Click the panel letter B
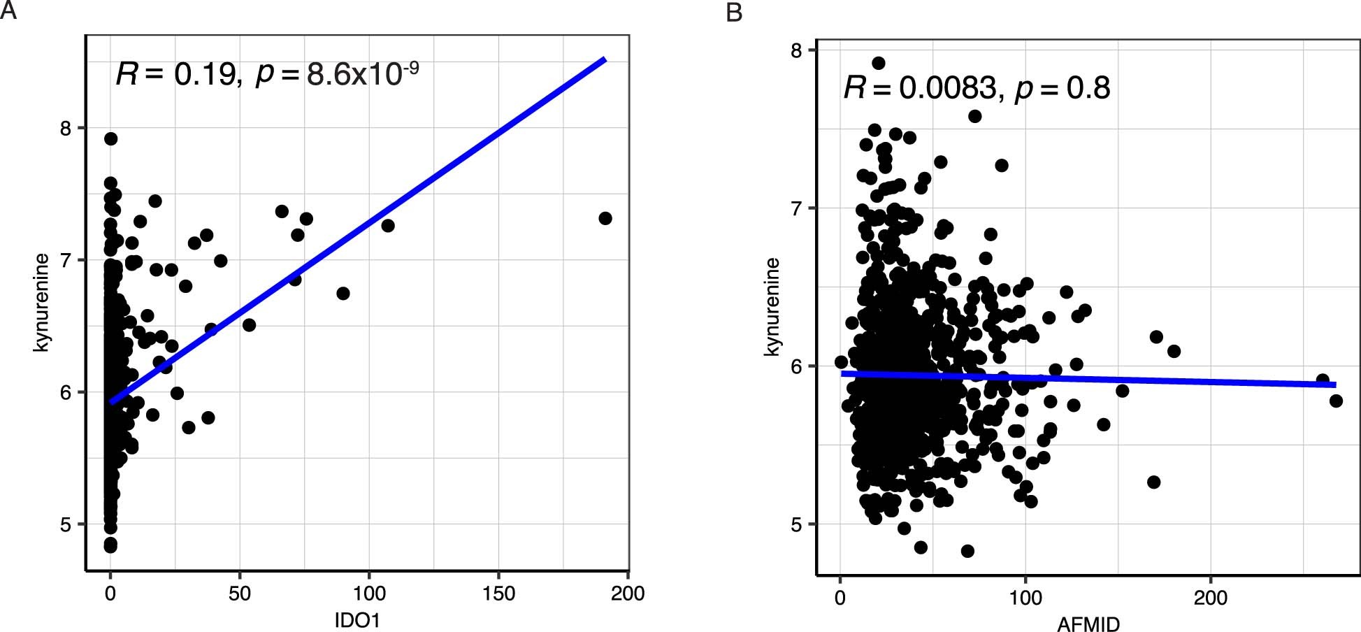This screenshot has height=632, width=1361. [x=734, y=12]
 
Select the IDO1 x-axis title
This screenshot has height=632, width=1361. [x=357, y=620]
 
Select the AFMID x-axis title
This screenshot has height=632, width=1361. [x=1088, y=624]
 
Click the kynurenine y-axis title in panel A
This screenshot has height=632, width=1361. [x=41, y=302]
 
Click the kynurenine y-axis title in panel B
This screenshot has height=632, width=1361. [x=771, y=306]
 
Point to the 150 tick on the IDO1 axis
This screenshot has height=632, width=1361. [x=498, y=594]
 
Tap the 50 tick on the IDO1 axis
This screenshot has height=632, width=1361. [x=239, y=594]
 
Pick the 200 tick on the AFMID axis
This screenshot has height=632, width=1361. [x=1210, y=598]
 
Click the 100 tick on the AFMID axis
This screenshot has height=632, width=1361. [x=1025, y=598]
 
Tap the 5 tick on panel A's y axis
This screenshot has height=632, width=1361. [x=66, y=524]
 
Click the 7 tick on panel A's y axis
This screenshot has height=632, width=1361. [x=66, y=260]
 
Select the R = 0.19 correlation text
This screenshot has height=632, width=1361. [x=178, y=74]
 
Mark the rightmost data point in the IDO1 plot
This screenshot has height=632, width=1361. [x=605, y=218]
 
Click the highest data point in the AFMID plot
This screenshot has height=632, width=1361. [x=879, y=63]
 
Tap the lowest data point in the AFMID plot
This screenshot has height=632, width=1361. [x=967, y=551]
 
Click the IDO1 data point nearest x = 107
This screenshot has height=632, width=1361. [x=388, y=225]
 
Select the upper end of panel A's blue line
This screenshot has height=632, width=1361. [x=605, y=60]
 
